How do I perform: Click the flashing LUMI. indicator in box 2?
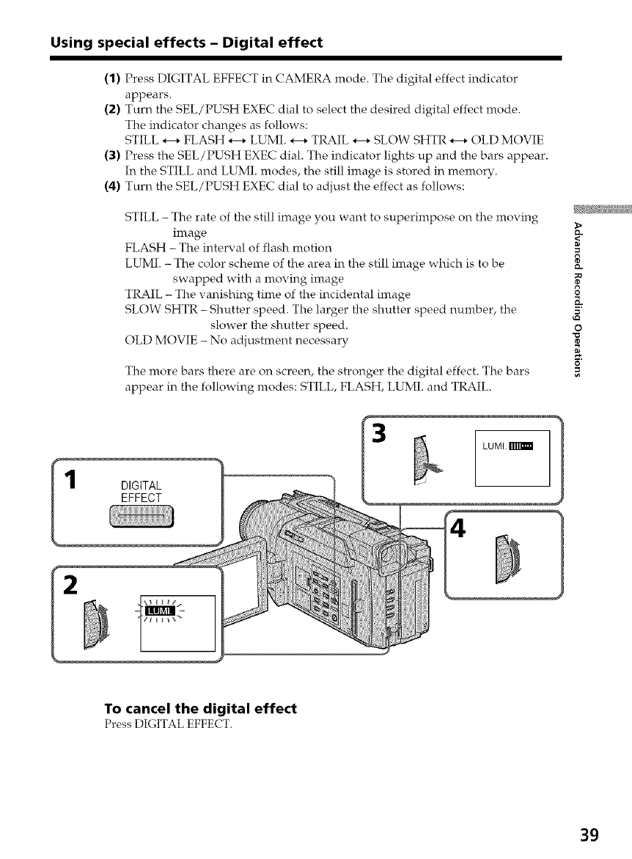point(158,612)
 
